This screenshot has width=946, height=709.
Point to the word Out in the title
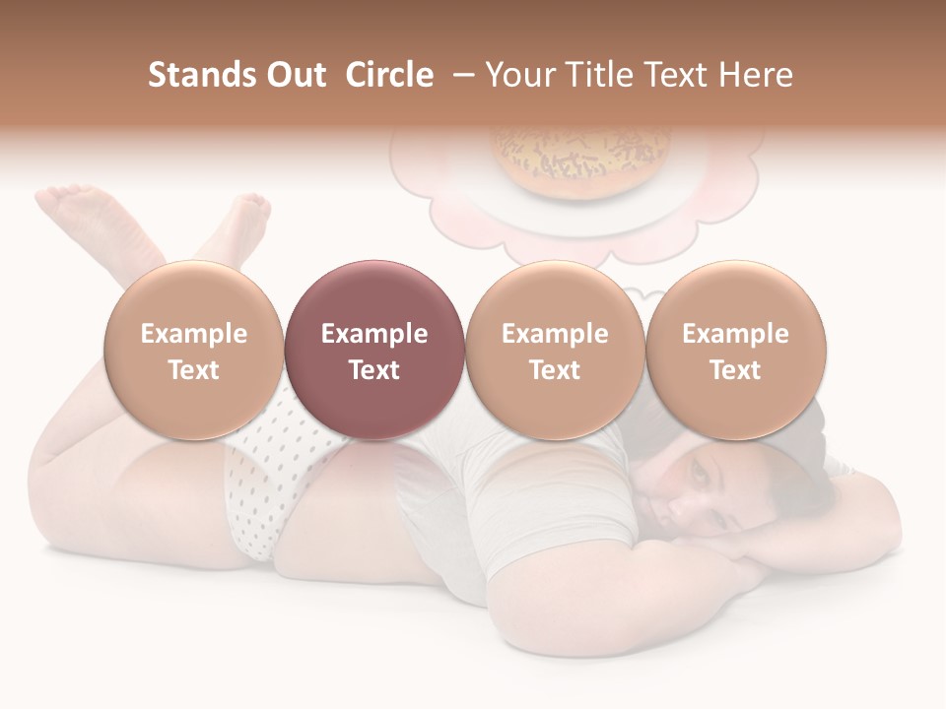click(293, 75)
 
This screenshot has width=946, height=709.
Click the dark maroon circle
click(374, 350)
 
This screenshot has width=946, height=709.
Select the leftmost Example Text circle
click(194, 350)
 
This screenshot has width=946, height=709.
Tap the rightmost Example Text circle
click(735, 350)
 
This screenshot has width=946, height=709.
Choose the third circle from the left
click(555, 350)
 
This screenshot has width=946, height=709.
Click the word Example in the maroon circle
click(374, 334)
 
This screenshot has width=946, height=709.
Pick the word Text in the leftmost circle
click(194, 370)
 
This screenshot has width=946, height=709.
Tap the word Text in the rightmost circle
click(735, 370)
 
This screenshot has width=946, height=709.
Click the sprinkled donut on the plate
click(581, 158)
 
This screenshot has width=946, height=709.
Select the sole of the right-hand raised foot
click(246, 212)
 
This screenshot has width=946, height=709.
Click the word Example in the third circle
click(555, 334)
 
